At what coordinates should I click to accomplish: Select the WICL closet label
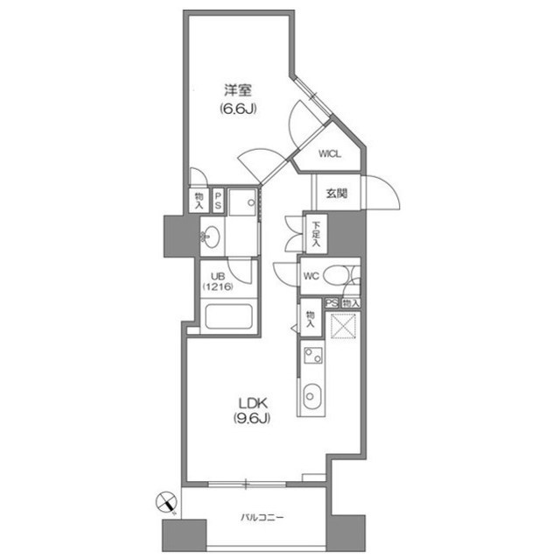[x=329, y=154]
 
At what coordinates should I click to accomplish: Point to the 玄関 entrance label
[x=337, y=193]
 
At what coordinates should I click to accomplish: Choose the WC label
[x=311, y=276]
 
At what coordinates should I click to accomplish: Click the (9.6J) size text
[x=251, y=419]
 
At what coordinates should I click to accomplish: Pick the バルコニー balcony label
[x=260, y=517]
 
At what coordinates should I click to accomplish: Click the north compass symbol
[x=164, y=503]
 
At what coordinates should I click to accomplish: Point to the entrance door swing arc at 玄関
[x=377, y=195]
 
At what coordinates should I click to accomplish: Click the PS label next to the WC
[x=331, y=302]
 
